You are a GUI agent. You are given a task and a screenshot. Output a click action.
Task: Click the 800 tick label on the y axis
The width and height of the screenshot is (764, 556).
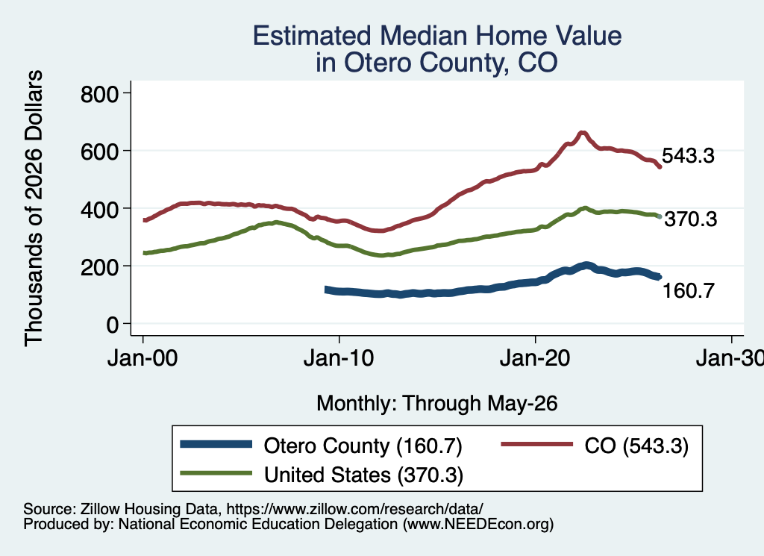(x=100, y=94)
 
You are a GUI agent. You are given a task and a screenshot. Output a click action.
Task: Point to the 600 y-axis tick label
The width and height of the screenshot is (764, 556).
(x=100, y=152)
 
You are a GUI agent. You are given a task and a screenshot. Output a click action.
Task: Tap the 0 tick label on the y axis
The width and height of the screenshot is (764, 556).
(x=113, y=325)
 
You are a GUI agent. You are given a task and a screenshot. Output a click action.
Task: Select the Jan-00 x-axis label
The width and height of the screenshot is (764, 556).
(x=143, y=358)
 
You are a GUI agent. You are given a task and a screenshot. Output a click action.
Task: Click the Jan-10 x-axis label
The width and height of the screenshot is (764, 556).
(x=339, y=358)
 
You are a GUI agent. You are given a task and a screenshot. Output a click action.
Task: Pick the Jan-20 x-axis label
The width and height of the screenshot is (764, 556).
(x=535, y=358)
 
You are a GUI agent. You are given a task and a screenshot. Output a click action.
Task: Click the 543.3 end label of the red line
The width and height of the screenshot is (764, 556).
(x=688, y=156)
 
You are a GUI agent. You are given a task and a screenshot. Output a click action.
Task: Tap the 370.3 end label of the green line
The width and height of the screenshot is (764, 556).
(x=691, y=219)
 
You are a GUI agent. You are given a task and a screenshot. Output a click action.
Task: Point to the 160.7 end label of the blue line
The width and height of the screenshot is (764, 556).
(x=689, y=291)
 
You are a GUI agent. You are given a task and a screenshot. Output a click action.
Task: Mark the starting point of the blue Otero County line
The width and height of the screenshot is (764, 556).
(x=327, y=290)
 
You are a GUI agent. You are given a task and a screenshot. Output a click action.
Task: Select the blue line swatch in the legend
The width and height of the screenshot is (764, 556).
(x=216, y=444)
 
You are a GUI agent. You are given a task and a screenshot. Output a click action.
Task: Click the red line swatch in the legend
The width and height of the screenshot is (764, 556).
(x=537, y=444)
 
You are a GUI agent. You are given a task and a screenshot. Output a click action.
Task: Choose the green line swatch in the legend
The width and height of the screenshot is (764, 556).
(x=216, y=473)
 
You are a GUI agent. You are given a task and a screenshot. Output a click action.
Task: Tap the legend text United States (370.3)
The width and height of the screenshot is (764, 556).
(x=363, y=475)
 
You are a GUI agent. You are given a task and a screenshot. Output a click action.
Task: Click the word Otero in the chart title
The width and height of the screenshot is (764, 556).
(x=378, y=63)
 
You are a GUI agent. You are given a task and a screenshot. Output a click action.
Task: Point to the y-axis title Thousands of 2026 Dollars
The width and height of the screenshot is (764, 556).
(x=34, y=208)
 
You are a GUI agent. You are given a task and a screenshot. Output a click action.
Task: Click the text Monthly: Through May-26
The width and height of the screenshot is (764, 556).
(x=437, y=404)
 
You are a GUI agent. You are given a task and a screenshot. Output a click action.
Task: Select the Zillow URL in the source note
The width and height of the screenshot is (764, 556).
(x=354, y=509)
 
